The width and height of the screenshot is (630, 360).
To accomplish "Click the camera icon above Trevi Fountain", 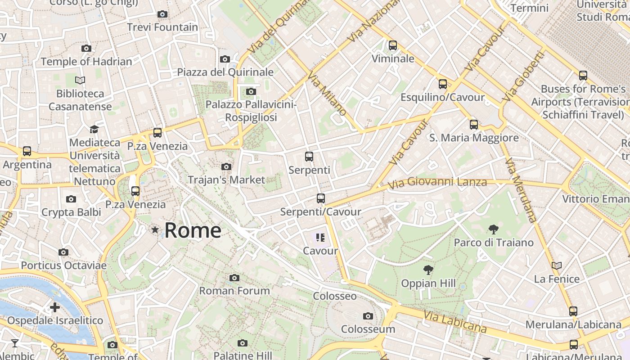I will pos(162,14).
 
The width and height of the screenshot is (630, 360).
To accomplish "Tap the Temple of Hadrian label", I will pos(86,62).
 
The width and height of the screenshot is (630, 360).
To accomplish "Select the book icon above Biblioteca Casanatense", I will pos(80,80).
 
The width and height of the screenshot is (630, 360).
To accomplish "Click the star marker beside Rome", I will pos(155,230).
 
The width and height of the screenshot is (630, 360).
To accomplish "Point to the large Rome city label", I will pos(193,230).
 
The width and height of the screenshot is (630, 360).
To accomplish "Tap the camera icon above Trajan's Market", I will pos(226,167).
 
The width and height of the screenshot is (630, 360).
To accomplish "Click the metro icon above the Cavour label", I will pos(320,237).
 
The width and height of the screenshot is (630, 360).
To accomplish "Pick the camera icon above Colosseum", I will pos(368,316).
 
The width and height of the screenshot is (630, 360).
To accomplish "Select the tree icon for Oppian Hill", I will pos(428,270).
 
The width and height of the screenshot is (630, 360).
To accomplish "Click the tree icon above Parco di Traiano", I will pos(493,229).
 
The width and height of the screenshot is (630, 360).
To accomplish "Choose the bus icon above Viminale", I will pos(393,45).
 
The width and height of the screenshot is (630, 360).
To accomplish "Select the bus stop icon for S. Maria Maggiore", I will pos(474,125).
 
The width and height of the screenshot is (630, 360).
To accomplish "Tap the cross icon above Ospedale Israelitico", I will pos(55,307).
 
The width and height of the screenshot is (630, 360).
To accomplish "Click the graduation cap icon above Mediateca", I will pos(94,129).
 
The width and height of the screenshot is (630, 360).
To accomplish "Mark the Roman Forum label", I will pos(234,291).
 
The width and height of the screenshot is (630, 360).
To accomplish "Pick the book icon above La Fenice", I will pos(557,265).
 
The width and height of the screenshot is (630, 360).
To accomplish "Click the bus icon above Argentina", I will pos(27,151).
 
